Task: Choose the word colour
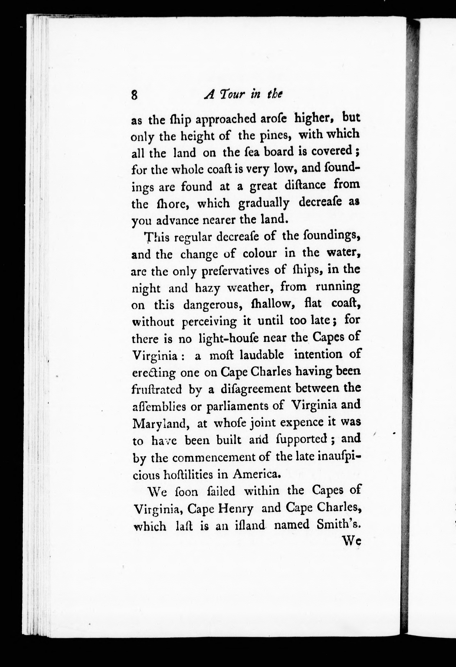pos(260,254)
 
